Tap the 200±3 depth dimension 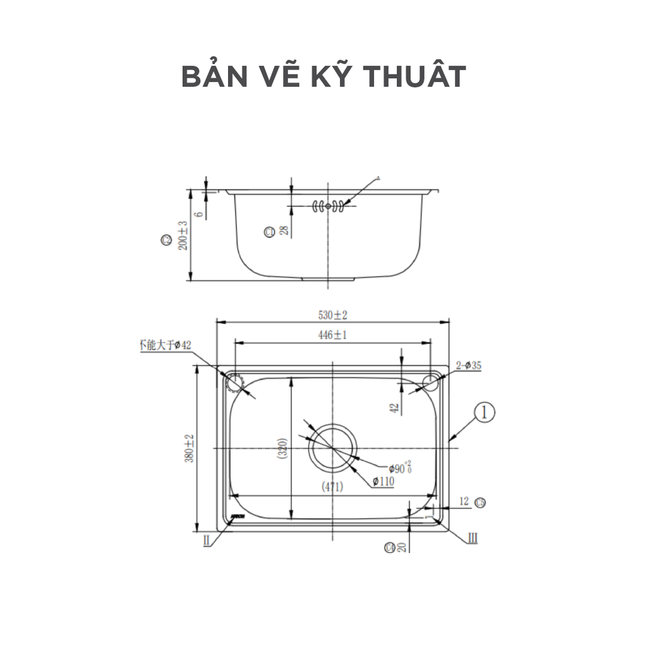point(183,235)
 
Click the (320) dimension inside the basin point(282,449)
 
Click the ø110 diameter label point(384,482)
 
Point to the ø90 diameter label point(398,468)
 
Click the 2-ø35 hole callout point(468,365)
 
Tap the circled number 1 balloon point(484,413)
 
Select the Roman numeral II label point(207,541)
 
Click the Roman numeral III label point(471,538)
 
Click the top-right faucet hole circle point(432,381)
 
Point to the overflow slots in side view point(328,205)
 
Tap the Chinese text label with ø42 point(164,345)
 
